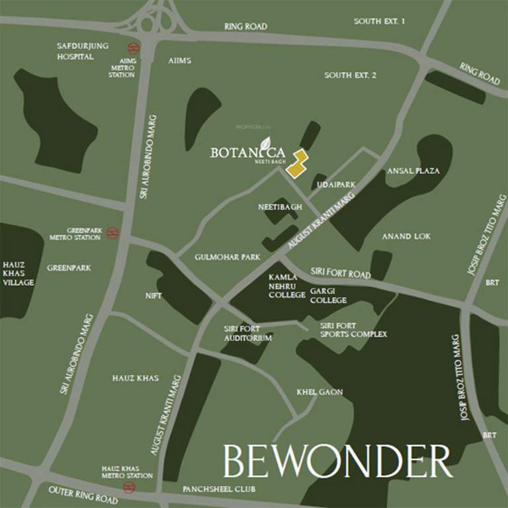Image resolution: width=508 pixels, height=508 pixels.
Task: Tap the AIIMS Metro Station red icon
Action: click(x=134, y=48)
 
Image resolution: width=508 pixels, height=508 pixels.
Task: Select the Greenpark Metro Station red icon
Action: click(x=112, y=232)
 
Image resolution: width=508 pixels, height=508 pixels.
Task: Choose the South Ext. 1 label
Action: click(x=379, y=21)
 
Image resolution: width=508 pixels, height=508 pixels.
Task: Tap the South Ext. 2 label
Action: click(x=350, y=75)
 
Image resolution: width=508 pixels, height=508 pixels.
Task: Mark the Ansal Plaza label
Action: click(x=413, y=171)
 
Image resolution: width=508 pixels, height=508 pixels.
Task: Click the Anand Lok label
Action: click(x=406, y=236)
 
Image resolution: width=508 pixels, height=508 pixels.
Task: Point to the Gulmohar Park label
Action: click(x=228, y=257)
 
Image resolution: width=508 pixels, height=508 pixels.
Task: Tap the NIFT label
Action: click(x=153, y=296)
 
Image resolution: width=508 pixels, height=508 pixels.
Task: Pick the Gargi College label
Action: click(x=328, y=296)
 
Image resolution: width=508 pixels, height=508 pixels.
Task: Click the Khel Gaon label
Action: click(x=320, y=392)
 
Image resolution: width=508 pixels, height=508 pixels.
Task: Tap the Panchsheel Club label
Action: click(x=219, y=489)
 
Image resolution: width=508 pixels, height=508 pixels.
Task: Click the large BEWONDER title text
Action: click(x=337, y=461)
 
